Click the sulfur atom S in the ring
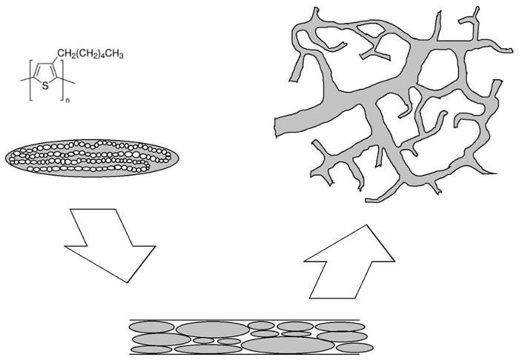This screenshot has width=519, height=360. coord(45,87)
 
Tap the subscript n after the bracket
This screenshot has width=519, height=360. coord(68,101)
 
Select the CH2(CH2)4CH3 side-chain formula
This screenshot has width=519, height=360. coord(90,54)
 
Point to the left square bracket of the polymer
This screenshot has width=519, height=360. coord(31,80)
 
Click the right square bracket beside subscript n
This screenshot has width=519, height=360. coord(62,80)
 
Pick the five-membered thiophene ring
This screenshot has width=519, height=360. coord(45,74)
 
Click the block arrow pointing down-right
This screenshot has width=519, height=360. coord(110,245)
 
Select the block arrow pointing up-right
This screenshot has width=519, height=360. coord(349,262)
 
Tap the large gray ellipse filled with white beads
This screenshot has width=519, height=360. coord(92,158)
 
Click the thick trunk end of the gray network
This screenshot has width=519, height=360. coord(277,127)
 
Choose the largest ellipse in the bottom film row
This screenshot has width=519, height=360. coord(288,345)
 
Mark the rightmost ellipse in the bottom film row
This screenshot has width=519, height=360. coord(354,347)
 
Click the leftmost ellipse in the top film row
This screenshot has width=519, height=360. coord(151,327)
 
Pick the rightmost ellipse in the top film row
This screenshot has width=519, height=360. coord(340,327)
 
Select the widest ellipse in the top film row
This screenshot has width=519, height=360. coord(213,330)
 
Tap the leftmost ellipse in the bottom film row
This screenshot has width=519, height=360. coord(151,350)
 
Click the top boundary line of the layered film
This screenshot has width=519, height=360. coord(245,320)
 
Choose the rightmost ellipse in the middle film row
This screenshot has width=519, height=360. coord(342,337)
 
